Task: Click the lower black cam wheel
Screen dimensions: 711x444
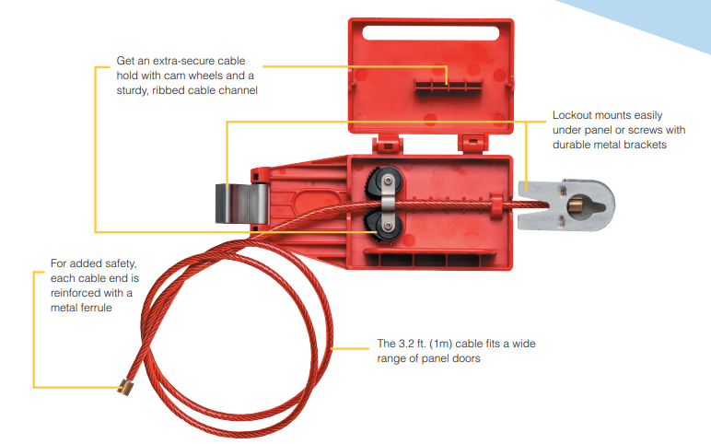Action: pos(382,226)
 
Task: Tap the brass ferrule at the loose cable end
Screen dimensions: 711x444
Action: pos(124,388)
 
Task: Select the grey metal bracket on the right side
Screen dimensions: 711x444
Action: pos(566,205)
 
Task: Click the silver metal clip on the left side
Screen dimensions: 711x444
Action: pos(241,204)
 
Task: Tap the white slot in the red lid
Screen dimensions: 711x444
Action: pos(431,33)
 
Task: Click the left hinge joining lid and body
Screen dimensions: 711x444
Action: pos(388,145)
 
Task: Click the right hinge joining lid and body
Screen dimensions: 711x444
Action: pos(473,143)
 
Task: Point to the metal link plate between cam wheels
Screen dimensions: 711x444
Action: pos(388,204)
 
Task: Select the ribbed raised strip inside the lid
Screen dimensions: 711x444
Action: pos(448,86)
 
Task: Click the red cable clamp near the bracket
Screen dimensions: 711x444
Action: pos(496,206)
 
